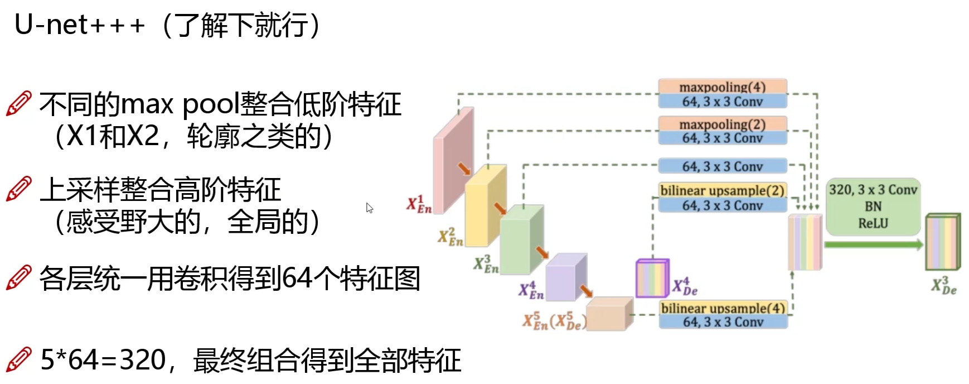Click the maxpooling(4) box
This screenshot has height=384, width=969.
[x=722, y=87]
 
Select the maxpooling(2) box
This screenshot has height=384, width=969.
[x=722, y=124]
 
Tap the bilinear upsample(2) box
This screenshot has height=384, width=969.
[x=722, y=190]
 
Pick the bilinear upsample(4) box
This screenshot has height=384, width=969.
[x=723, y=308]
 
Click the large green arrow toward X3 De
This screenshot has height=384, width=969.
[x=873, y=244]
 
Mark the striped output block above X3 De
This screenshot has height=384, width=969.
[x=943, y=242]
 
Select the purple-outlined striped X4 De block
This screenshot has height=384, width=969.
[x=652, y=278]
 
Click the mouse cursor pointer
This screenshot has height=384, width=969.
[x=369, y=208]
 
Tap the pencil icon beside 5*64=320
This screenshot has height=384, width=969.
[x=18, y=359]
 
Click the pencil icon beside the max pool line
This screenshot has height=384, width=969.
[x=18, y=104]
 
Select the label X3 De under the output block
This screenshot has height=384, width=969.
[x=943, y=286]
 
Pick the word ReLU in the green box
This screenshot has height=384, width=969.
[x=873, y=224]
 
